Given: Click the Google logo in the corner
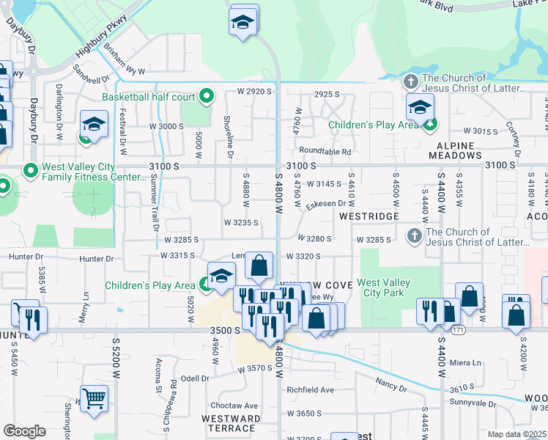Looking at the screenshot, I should click(x=24, y=431).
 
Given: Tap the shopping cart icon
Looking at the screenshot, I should click(x=95, y=400).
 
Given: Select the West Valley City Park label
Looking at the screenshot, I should click(x=385, y=287).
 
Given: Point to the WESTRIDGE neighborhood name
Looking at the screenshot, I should click(x=369, y=216).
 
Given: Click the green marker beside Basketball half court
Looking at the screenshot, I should click(x=207, y=96).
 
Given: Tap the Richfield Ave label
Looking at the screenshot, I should click(x=310, y=390).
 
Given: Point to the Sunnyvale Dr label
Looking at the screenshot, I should click(x=473, y=403).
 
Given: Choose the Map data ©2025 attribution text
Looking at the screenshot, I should click(x=517, y=434).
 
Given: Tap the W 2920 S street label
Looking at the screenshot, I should click(x=254, y=92).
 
